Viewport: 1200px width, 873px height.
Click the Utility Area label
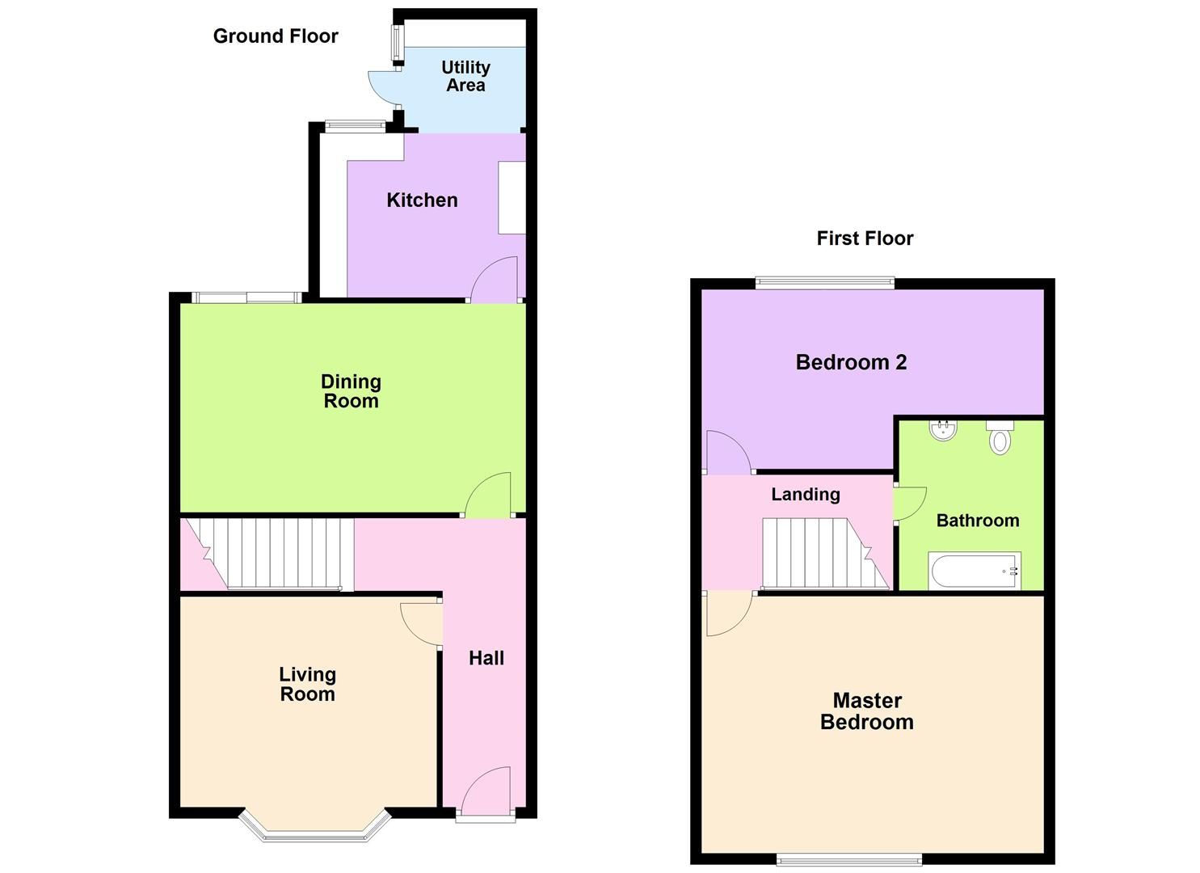pos(465,76)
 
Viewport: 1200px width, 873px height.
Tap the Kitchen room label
pos(422,200)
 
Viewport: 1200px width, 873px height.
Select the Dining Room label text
pos(351,391)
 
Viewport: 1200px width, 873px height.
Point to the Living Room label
pos(307,684)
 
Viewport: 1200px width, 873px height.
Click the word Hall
pos(486,658)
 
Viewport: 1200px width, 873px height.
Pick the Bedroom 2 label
pos(851,362)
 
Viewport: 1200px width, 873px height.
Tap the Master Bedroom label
pos(866,711)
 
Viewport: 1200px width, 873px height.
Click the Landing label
pos(805,495)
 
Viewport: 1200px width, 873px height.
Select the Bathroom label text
pos(977,521)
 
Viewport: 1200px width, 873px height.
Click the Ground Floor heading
pos(276,36)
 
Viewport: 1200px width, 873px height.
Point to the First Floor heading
pos(865,238)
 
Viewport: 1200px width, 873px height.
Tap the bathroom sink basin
pos(942,430)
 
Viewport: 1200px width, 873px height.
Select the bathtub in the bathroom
pos(975,571)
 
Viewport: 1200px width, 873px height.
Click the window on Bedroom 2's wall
pos(825,283)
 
